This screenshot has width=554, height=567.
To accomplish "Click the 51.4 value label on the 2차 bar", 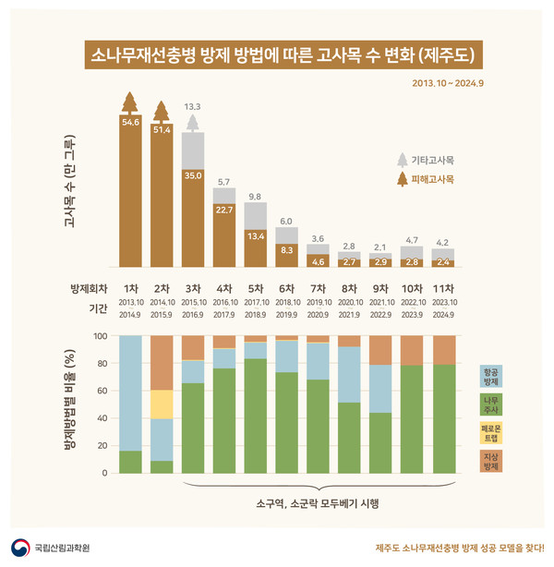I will click(x=163, y=129).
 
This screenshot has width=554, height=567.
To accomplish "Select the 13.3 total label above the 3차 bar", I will click(x=192, y=106).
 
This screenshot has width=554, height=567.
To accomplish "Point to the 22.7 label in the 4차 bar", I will click(x=223, y=210).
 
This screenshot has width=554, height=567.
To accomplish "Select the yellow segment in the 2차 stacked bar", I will click(x=162, y=404).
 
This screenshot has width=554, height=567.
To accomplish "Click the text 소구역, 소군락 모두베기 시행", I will click(x=319, y=503).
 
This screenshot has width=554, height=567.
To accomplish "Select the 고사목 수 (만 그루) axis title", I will click(x=70, y=185).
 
